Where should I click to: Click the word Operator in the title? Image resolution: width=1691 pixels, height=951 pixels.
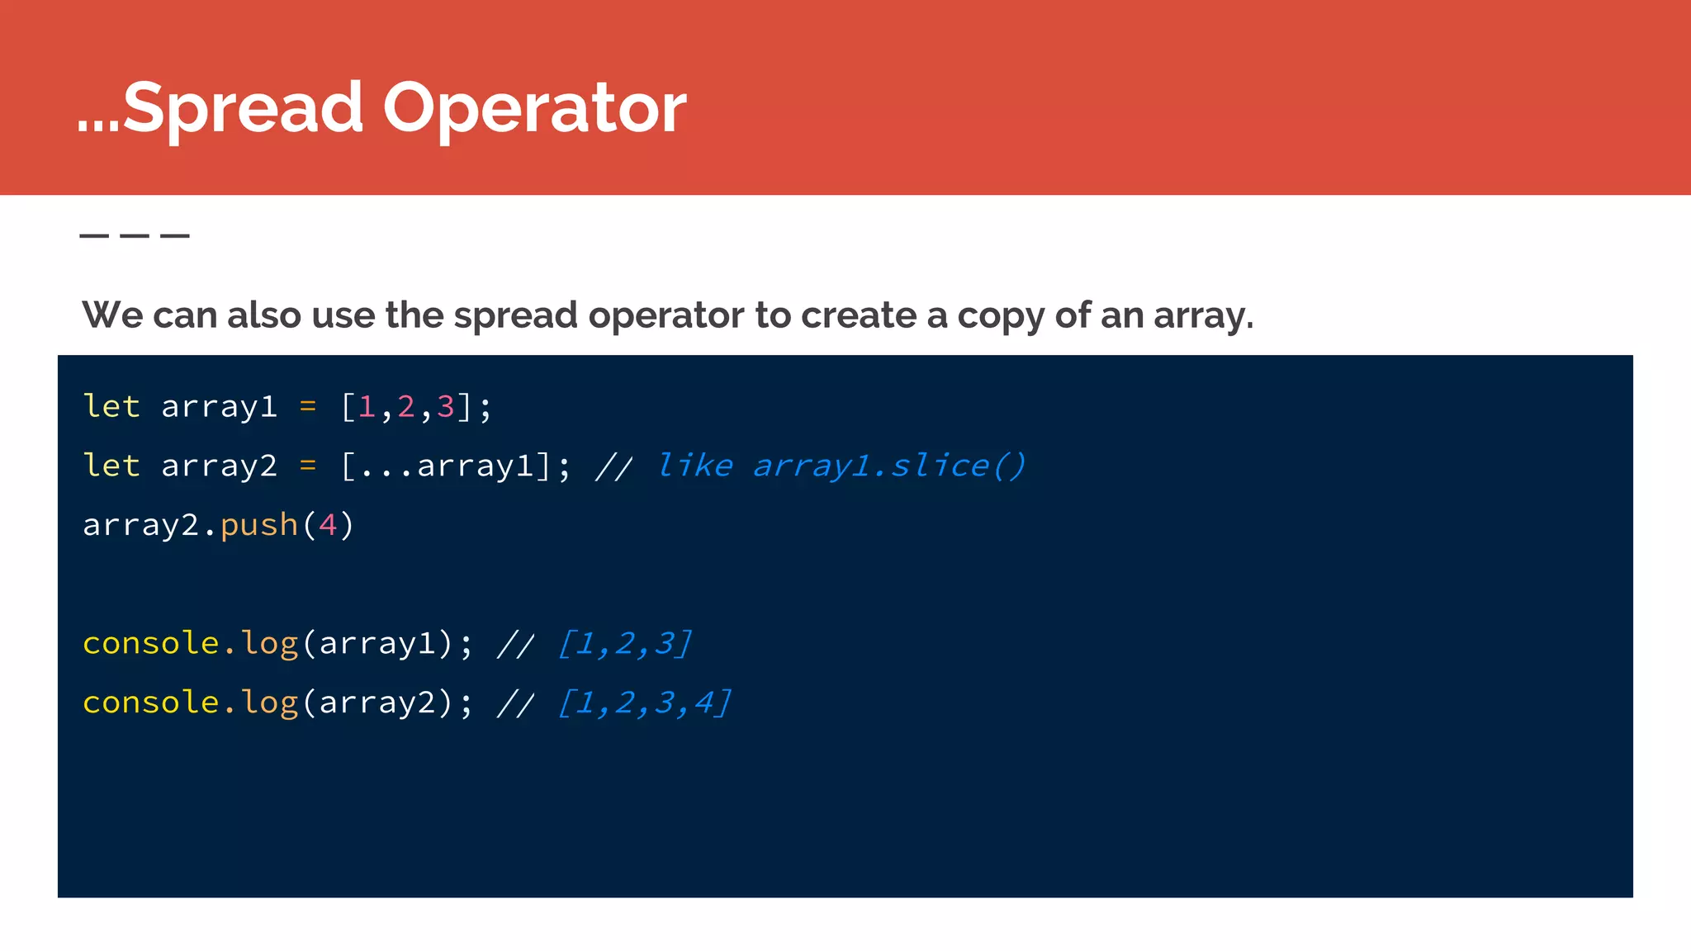[534, 108]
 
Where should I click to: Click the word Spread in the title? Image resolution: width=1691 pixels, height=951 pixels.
[243, 108]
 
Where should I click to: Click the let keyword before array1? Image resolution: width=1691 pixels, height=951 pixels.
[111, 406]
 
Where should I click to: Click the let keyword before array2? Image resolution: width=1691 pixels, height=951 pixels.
[111, 466]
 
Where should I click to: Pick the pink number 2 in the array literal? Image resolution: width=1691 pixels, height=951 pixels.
[406, 406]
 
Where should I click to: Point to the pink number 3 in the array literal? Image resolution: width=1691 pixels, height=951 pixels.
[446, 406]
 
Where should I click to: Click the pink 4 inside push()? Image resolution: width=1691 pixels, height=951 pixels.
[328, 525]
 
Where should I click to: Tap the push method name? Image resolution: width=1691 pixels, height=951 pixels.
[259, 525]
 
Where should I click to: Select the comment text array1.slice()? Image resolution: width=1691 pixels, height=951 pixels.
[888, 466]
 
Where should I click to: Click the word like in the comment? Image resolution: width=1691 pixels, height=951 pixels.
[695, 466]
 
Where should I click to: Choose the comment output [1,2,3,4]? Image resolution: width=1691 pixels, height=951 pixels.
[645, 703]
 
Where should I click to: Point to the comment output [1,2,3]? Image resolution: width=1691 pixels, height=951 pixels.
[625, 643]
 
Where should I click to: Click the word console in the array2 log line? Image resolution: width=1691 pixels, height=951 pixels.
[151, 703]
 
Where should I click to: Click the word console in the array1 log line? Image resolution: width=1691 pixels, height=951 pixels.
[151, 643]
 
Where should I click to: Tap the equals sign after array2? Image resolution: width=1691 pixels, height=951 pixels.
[308, 466]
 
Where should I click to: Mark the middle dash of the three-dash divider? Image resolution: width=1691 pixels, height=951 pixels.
[135, 236]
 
